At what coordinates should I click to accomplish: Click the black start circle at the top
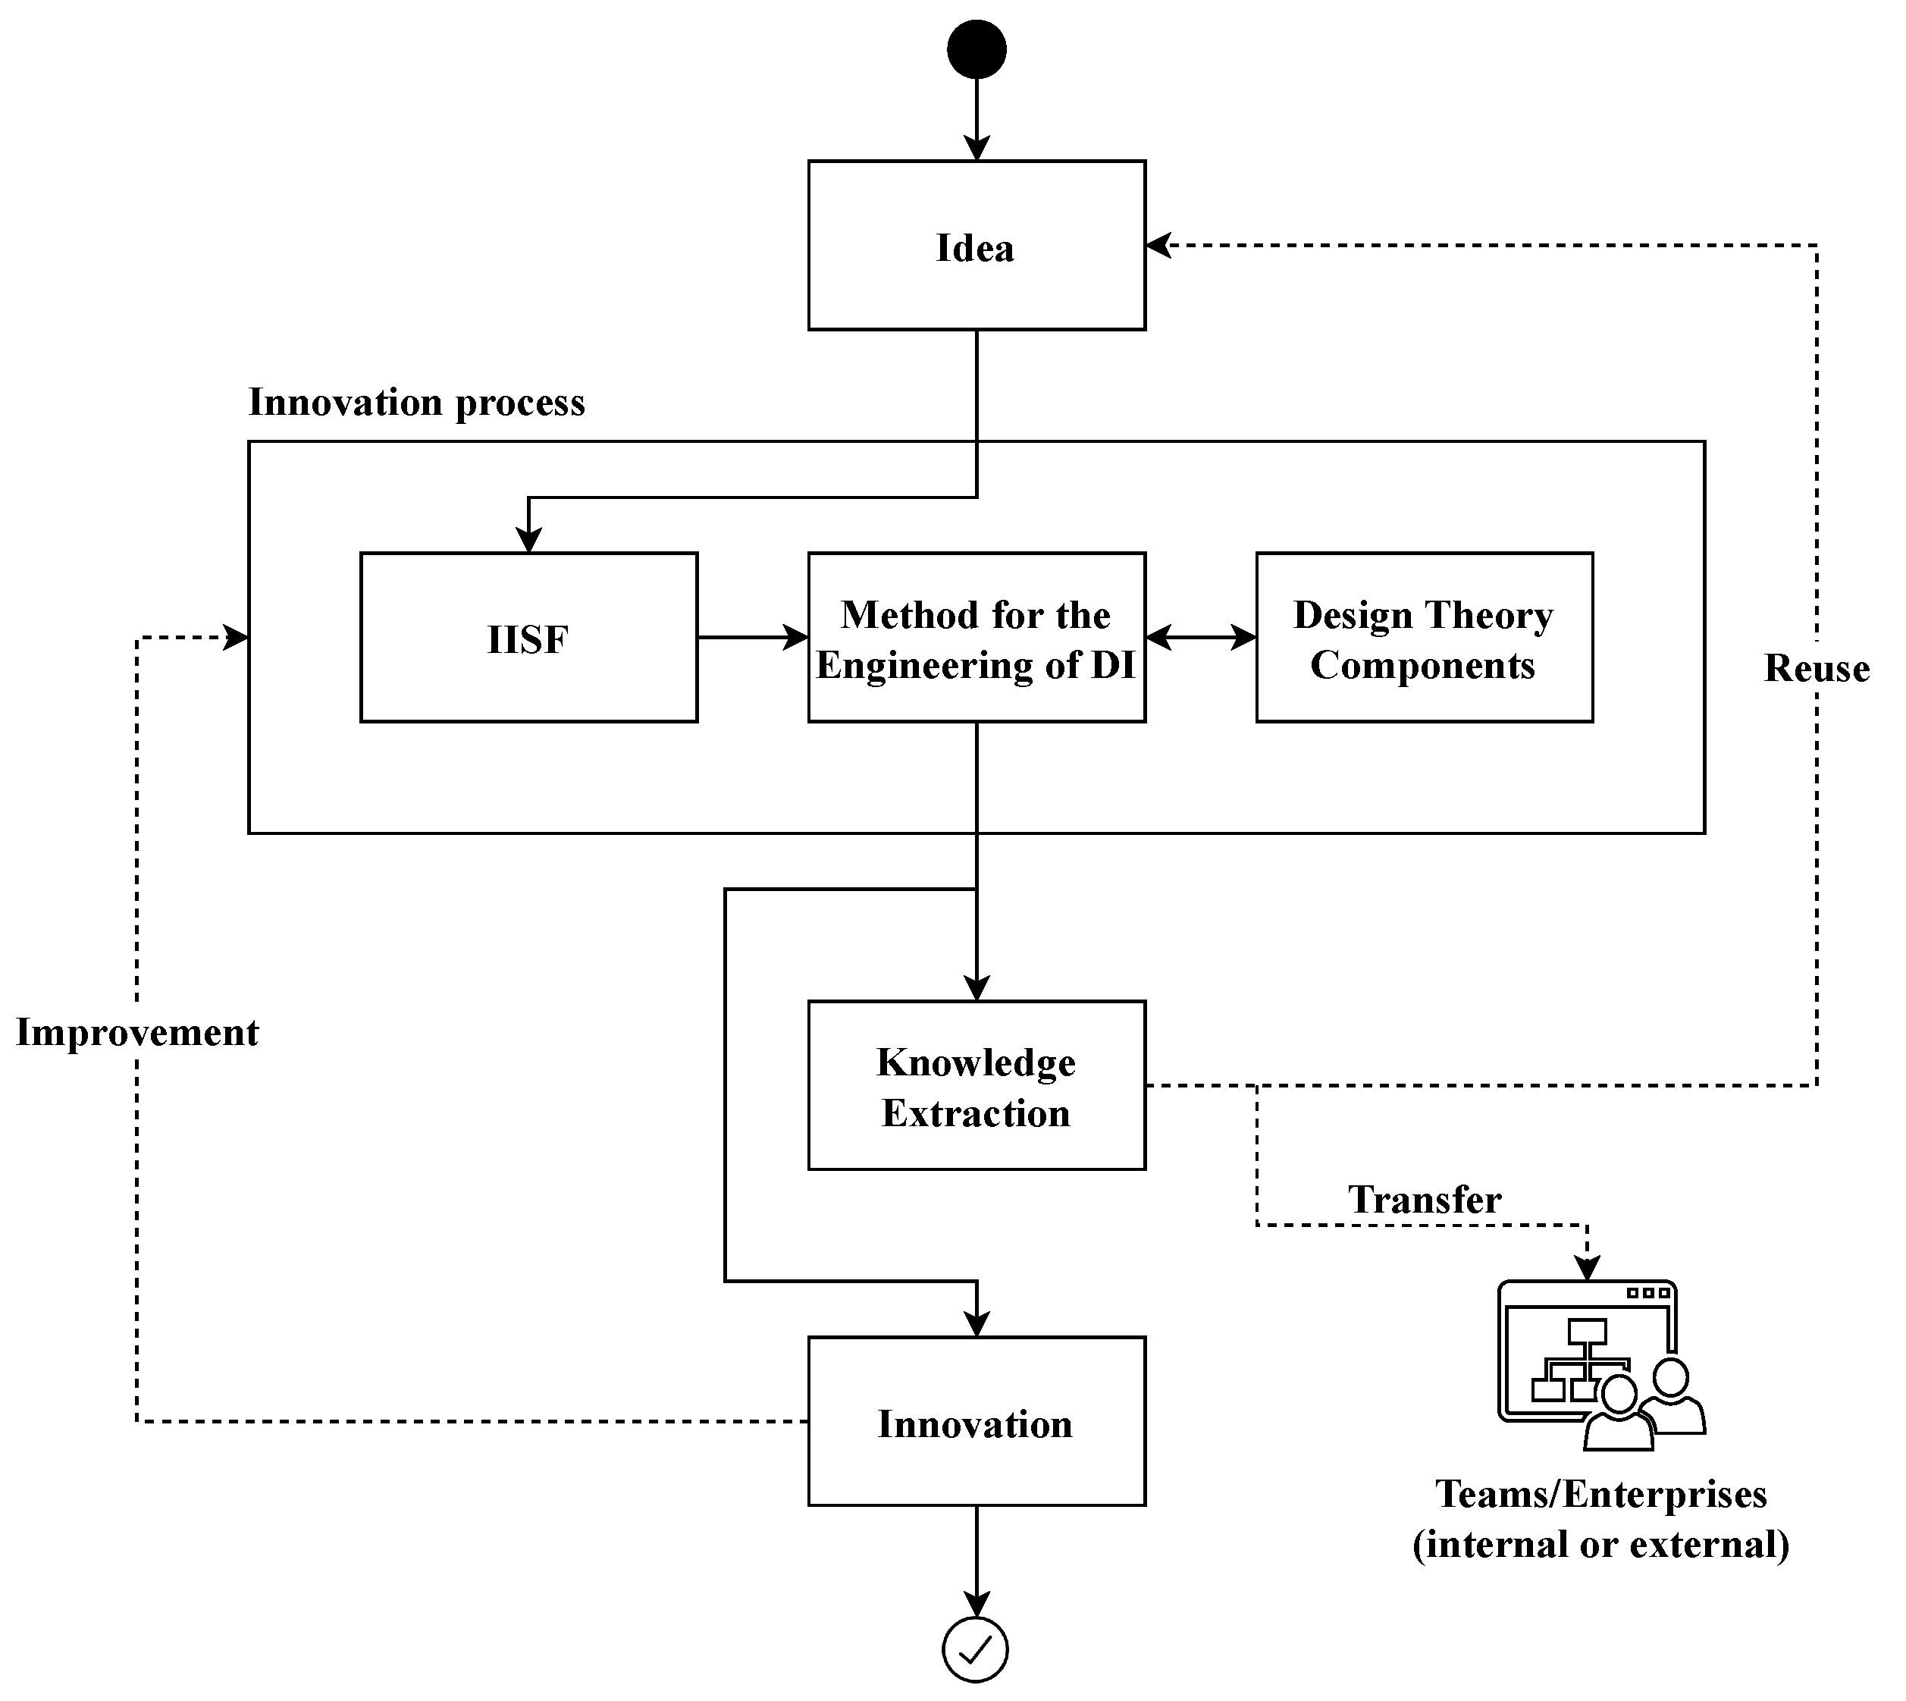[977, 49]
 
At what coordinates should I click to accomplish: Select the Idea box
[977, 246]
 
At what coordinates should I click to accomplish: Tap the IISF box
[529, 638]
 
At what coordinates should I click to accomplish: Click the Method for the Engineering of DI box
[977, 638]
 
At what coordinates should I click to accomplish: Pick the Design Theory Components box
[1424, 638]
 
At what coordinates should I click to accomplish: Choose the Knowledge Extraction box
[977, 1085]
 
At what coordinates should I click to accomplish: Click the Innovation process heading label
[417, 402]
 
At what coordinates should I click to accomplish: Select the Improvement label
[137, 1032]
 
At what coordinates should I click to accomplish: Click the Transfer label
[1424, 1199]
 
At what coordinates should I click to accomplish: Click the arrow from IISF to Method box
[752, 638]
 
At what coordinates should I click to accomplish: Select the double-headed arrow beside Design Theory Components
[1201, 638]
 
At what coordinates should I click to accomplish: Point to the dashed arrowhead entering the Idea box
[1158, 246]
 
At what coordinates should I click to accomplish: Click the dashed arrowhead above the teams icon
[1587, 1267]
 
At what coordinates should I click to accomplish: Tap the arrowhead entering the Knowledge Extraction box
[977, 989]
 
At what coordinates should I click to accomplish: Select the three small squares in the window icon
[1647, 1294]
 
